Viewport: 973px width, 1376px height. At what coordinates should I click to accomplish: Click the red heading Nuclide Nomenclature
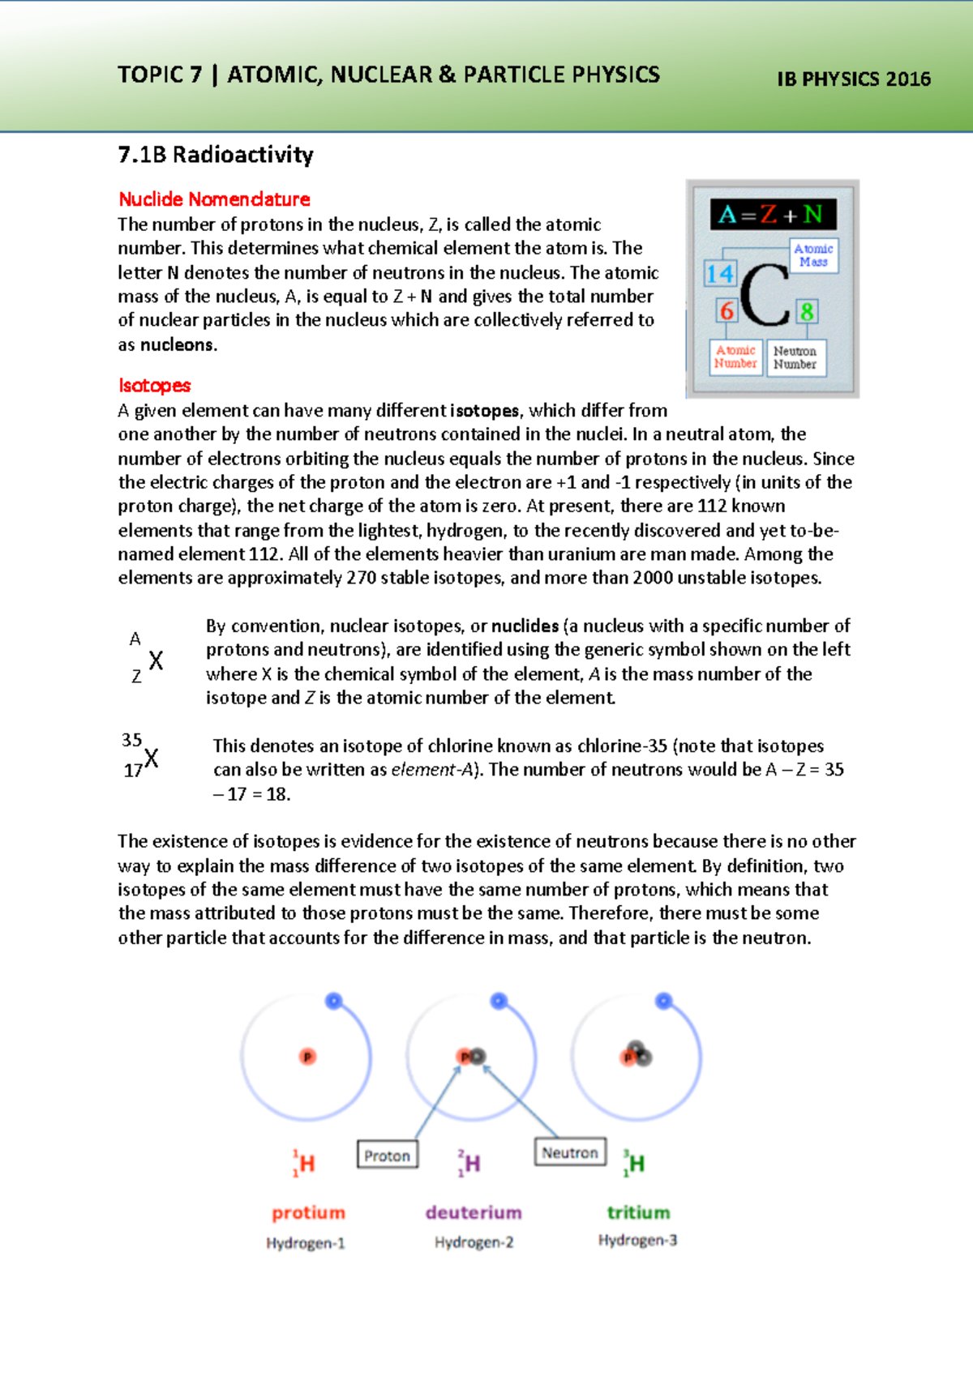pyautogui.click(x=214, y=199)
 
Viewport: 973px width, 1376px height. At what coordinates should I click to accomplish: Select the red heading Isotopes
pyautogui.click(x=154, y=386)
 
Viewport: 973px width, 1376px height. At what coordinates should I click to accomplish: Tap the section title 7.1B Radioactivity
pyautogui.click(x=216, y=155)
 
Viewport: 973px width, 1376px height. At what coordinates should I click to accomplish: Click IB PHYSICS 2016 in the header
pyautogui.click(x=853, y=79)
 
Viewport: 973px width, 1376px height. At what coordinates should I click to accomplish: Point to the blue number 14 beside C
pyautogui.click(x=719, y=274)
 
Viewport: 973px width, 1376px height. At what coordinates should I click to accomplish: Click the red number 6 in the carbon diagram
pyautogui.click(x=727, y=310)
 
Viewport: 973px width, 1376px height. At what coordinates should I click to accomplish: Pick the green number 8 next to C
pyautogui.click(x=806, y=311)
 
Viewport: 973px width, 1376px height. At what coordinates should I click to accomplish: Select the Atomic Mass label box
pyautogui.click(x=813, y=255)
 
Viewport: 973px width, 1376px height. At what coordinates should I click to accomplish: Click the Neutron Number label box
pyautogui.click(x=795, y=357)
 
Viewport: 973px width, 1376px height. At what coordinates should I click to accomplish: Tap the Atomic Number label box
pyautogui.click(x=735, y=357)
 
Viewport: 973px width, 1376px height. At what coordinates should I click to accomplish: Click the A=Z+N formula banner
pyautogui.click(x=774, y=214)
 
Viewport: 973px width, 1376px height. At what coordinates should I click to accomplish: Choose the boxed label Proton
pyautogui.click(x=388, y=1156)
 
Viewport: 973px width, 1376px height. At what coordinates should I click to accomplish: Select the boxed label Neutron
pyautogui.click(x=570, y=1152)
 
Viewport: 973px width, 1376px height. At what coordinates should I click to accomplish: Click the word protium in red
pyautogui.click(x=309, y=1212)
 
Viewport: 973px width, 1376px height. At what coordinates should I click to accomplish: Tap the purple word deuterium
pyautogui.click(x=474, y=1212)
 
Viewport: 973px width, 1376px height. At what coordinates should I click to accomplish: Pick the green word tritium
pyautogui.click(x=639, y=1212)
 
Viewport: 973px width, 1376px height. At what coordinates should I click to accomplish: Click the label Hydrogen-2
pyautogui.click(x=474, y=1242)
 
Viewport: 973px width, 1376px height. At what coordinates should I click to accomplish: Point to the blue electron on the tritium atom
pyautogui.click(x=663, y=1001)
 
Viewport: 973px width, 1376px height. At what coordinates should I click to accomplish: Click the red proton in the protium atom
pyautogui.click(x=307, y=1057)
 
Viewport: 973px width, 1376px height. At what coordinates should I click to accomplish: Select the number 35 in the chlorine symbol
pyautogui.click(x=132, y=740)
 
